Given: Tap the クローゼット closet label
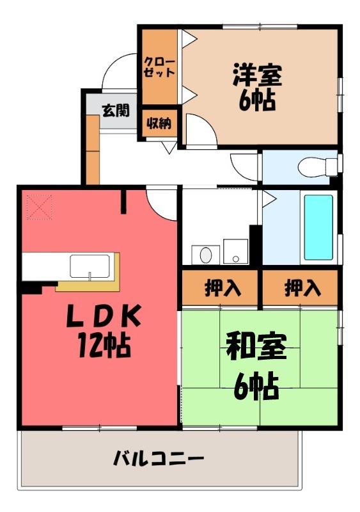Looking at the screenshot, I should [159, 67].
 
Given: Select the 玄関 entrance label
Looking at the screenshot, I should [114, 110].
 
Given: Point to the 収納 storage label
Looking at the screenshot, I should [159, 124].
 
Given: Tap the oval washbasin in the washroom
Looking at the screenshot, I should [205, 255].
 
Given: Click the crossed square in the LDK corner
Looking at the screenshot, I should [39, 206].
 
